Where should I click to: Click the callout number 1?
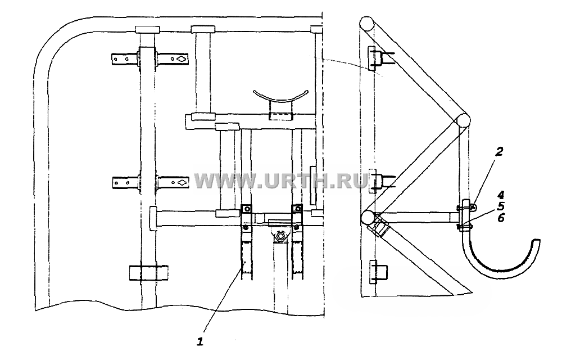pos(200,341)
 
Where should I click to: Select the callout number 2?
pos(499,152)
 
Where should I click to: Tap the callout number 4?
pos(501,195)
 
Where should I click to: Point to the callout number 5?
pos(501,206)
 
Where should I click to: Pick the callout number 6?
pos(501,217)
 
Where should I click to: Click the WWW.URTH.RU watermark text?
pos(281,181)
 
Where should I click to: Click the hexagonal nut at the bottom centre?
pos(280,237)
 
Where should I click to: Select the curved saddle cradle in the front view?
pos(280,96)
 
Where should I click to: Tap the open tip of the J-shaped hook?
pos(536,240)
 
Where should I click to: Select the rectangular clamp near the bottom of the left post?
pos(148,273)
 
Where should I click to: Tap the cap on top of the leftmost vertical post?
pos(147,29)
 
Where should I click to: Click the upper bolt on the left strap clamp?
pos(247,209)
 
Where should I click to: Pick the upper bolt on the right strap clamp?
pos(297,209)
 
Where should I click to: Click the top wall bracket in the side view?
pos(371,58)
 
